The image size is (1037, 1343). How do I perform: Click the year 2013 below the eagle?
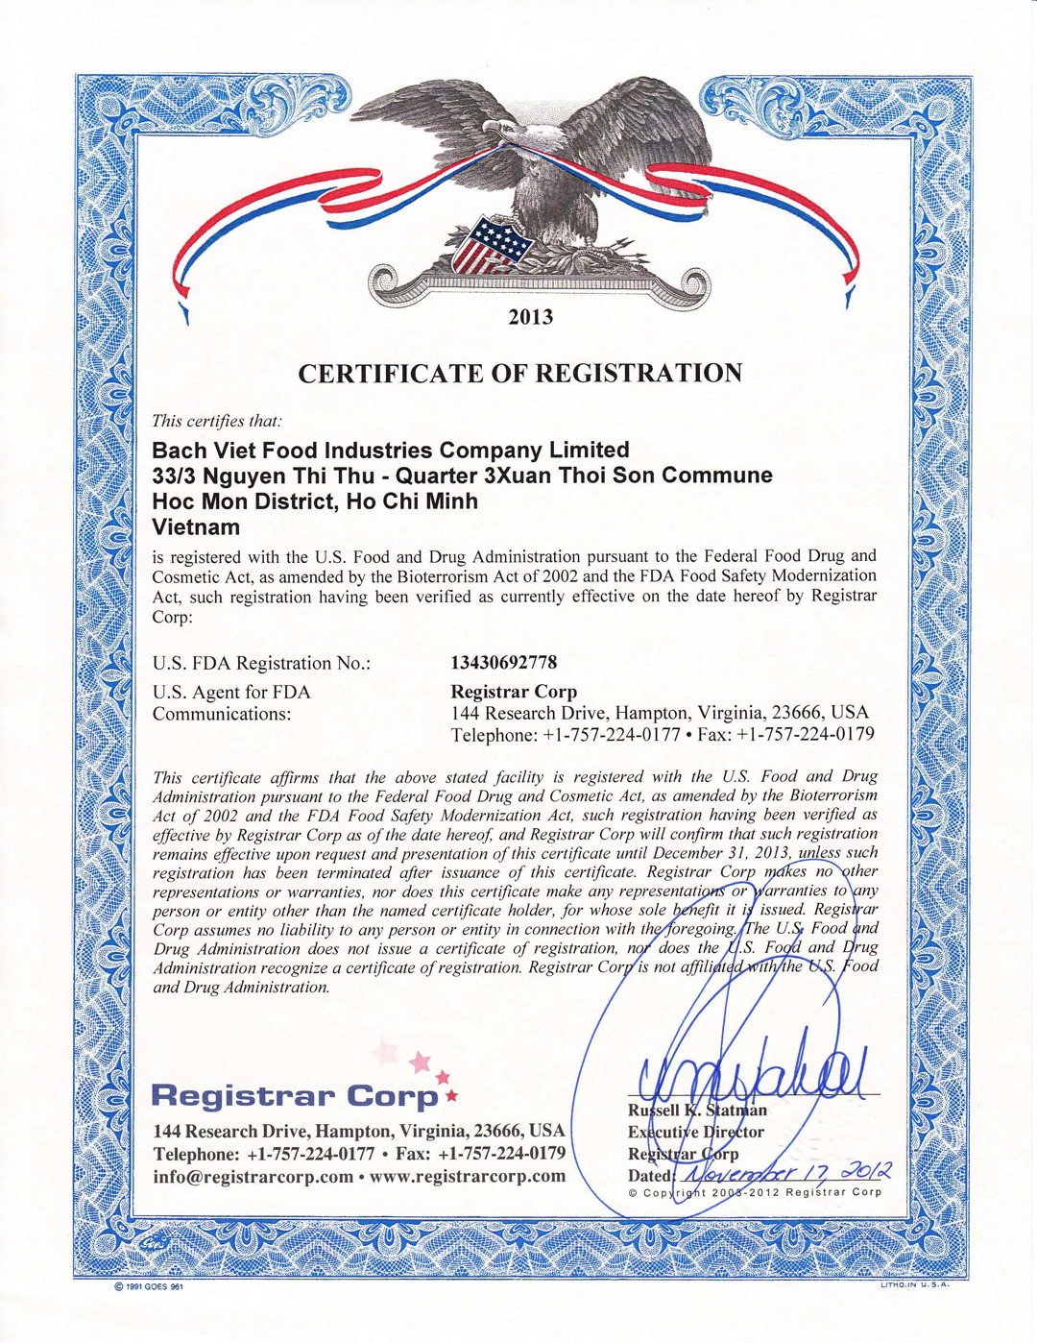pyautogui.click(x=530, y=317)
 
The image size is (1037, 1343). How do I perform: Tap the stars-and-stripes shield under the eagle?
pyautogui.click(x=491, y=246)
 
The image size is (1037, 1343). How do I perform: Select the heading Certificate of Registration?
pyautogui.click(x=519, y=373)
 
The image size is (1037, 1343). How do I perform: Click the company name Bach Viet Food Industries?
pyautogui.click(x=391, y=450)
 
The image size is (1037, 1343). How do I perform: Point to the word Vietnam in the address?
pyautogui.click(x=196, y=526)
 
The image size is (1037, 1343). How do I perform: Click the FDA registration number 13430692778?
pyautogui.click(x=503, y=663)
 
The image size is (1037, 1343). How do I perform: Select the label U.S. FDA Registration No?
pyautogui.click(x=261, y=664)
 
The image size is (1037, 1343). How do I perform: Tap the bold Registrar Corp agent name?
pyautogui.click(x=514, y=692)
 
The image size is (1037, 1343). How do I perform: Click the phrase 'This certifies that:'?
pyautogui.click(x=217, y=421)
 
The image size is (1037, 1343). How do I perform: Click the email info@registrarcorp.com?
pyautogui.click(x=253, y=1177)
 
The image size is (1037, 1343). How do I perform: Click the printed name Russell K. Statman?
pyautogui.click(x=697, y=1111)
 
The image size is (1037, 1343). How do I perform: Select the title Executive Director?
pyautogui.click(x=695, y=1132)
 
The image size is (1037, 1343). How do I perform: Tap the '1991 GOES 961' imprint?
pyautogui.click(x=148, y=1287)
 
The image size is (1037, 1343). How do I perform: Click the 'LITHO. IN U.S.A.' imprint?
pyautogui.click(x=914, y=1285)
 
